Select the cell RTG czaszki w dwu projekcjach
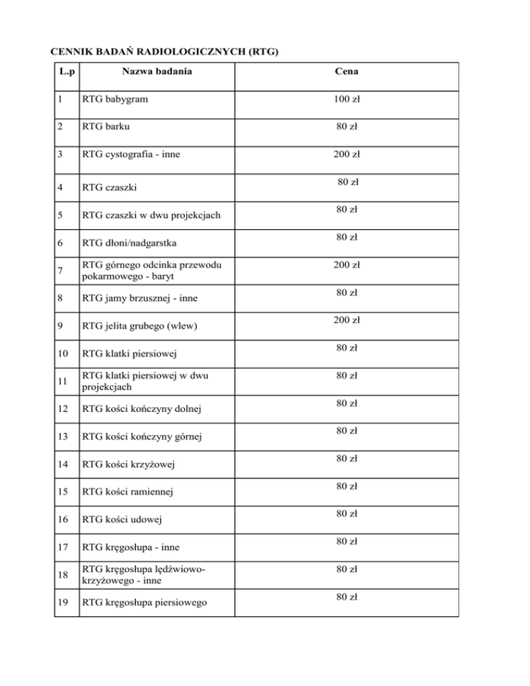[x=151, y=215]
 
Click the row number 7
[x=63, y=271]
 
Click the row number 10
[x=64, y=353]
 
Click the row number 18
[x=64, y=574]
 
